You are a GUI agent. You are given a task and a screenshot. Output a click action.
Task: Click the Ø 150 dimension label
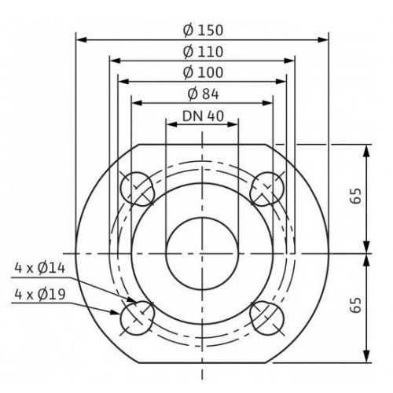[x=203, y=31]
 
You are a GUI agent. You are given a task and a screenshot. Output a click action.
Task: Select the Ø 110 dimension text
[x=203, y=52]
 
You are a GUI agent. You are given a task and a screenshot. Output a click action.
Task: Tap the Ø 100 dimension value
[x=203, y=72]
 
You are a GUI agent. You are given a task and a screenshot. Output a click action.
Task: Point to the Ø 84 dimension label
[x=203, y=94]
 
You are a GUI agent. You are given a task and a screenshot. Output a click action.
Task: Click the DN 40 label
[x=203, y=116]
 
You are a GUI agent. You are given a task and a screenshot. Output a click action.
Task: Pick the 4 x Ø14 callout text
[x=39, y=269]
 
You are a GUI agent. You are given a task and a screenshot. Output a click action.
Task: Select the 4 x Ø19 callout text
[x=39, y=295]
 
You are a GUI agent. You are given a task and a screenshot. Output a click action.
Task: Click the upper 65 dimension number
[x=356, y=196]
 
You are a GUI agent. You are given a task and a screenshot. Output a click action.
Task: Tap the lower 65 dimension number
[x=356, y=305]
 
